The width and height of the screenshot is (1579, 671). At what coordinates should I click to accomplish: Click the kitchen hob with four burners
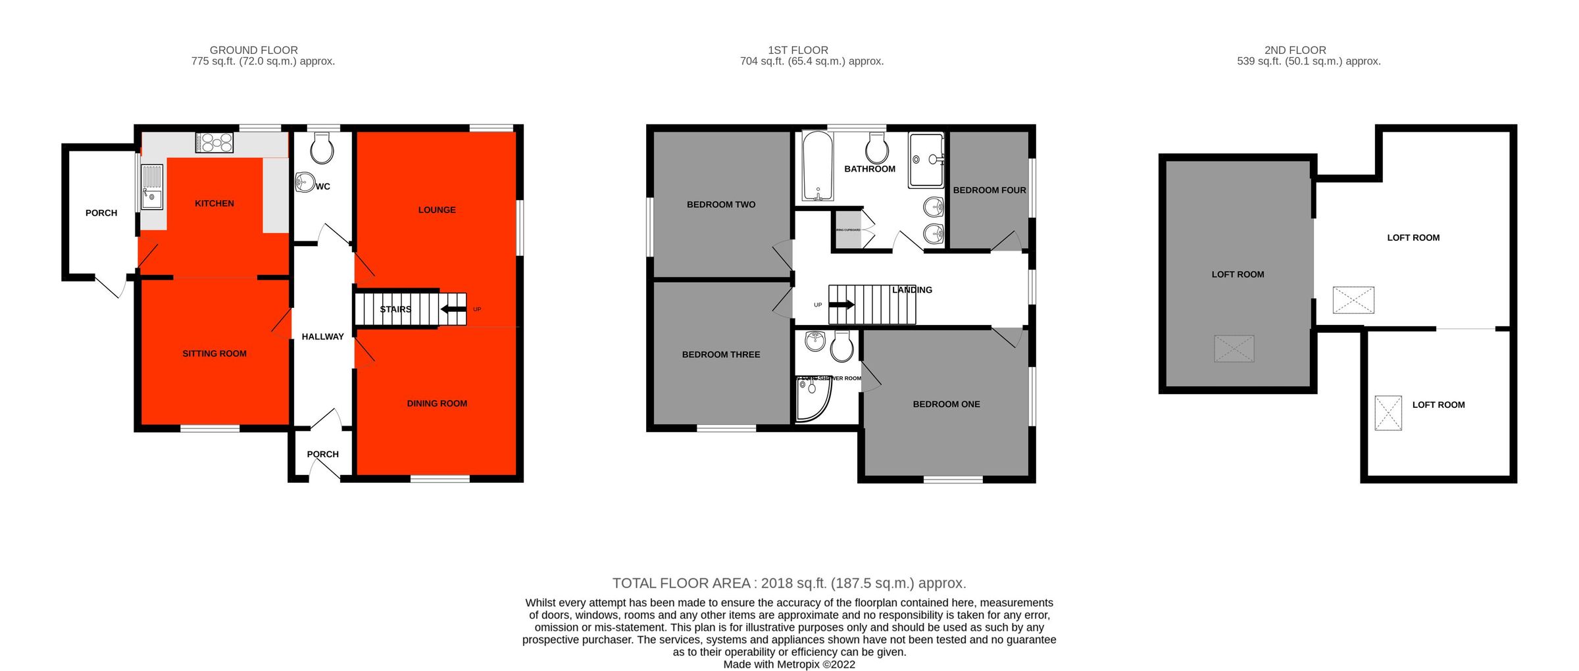[214, 143]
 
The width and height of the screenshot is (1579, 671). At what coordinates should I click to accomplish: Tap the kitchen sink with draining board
[152, 187]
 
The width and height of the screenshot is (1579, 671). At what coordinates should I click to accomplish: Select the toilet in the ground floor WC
[322, 148]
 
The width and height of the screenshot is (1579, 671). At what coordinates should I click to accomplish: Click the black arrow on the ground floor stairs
[453, 309]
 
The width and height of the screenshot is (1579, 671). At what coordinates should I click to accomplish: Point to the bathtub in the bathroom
[818, 166]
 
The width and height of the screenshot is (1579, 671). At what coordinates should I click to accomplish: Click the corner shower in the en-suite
[813, 399]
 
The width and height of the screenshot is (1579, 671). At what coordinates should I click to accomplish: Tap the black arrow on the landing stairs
[841, 305]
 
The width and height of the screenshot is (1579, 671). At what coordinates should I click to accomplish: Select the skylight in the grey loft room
[1234, 349]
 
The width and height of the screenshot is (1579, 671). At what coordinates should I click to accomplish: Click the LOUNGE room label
[437, 210]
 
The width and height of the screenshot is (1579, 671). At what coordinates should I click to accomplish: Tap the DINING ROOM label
[437, 403]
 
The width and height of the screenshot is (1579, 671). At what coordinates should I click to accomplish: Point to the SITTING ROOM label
[214, 353]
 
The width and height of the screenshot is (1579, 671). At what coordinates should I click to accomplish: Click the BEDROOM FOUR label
[990, 190]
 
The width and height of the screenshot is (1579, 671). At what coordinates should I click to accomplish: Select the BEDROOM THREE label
[721, 354]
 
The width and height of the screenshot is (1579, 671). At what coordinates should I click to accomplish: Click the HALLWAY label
[322, 336]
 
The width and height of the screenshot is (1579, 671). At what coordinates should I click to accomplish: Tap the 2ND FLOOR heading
[1295, 50]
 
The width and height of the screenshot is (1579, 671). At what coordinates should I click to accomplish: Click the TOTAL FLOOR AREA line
[789, 583]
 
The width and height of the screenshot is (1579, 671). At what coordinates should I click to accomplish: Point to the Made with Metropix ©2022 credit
[789, 664]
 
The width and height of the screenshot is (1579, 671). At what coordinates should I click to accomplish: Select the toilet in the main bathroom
[877, 149]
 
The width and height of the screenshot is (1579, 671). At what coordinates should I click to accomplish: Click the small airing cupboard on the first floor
[848, 230]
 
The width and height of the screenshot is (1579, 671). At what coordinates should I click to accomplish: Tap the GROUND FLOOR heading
[253, 50]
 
